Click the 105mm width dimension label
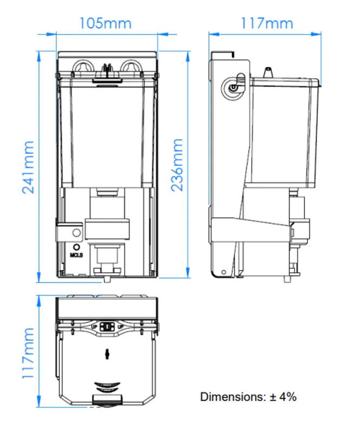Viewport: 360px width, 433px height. point(105,23)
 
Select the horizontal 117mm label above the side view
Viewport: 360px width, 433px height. point(267,23)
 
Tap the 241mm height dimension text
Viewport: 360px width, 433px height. point(28,167)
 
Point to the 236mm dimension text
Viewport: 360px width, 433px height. point(177,165)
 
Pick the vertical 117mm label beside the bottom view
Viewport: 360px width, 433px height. point(28,353)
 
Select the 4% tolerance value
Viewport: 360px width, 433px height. point(287,397)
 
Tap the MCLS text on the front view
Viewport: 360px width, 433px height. point(76,255)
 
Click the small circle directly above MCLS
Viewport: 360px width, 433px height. point(76,247)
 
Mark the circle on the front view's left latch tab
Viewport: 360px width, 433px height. point(77,233)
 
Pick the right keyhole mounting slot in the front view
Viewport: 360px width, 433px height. point(132,68)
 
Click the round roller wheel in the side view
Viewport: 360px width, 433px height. point(233,88)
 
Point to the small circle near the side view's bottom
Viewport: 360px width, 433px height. point(224,272)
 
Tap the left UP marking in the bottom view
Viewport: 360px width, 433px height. point(94,327)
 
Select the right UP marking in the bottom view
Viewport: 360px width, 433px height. point(121,327)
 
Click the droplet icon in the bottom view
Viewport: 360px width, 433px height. point(107,355)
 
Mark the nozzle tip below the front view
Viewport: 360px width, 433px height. point(107,279)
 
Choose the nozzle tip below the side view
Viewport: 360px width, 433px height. point(287,279)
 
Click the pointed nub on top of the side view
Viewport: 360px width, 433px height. point(268,72)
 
